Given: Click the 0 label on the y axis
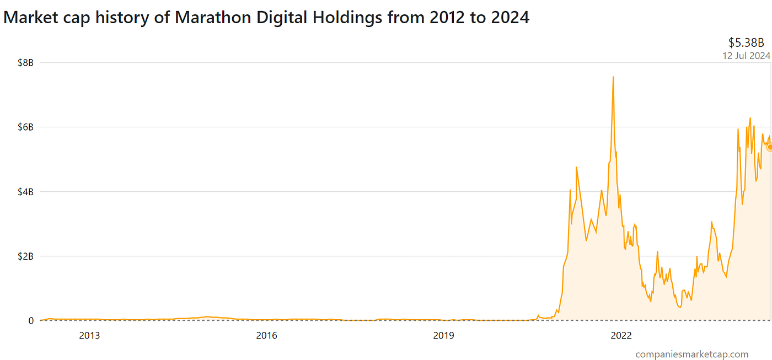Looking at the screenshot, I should pos(30,321).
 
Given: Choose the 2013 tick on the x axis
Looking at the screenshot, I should pos(89,335).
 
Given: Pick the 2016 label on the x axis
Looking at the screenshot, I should pos(266,335).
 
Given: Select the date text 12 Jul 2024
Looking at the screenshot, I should pos(746,55).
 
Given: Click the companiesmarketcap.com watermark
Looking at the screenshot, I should pos(691,354).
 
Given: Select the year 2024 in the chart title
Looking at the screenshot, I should pos(508,18).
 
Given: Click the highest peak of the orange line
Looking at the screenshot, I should pos(613,77).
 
